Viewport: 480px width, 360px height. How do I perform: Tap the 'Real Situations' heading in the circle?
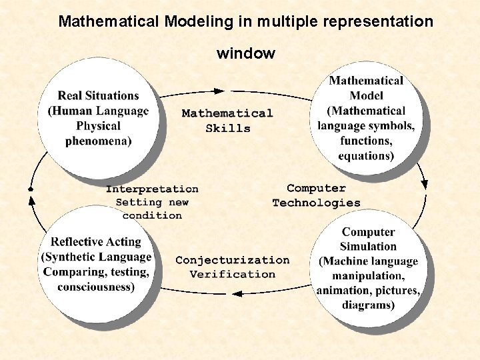click(98, 96)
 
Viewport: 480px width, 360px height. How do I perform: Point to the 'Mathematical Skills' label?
click(227, 121)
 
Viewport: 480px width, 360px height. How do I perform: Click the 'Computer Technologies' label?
click(316, 195)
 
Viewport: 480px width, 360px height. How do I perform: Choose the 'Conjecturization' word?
click(232, 260)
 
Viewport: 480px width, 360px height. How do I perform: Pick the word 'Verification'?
click(232, 274)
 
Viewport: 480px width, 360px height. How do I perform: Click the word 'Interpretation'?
click(152, 189)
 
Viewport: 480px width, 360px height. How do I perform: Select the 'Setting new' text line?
click(152, 202)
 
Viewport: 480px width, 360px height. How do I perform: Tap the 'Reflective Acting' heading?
click(96, 242)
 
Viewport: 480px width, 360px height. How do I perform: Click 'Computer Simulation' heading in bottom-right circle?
click(368, 239)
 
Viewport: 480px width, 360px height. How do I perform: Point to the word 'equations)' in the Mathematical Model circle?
click(366, 156)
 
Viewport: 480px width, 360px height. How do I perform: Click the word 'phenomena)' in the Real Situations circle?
click(99, 141)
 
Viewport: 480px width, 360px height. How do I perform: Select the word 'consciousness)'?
click(96, 287)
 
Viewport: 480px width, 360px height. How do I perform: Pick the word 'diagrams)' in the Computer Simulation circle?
click(368, 305)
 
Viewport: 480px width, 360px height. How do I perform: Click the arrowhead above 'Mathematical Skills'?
click(219, 91)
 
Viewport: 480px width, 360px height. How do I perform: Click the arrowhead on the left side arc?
click(31, 189)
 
